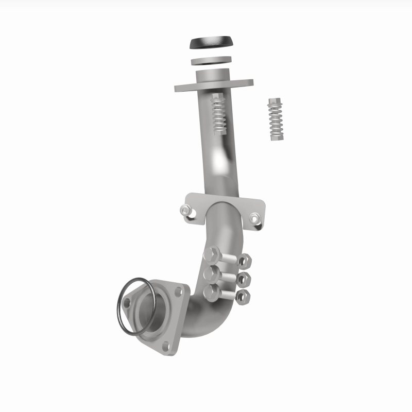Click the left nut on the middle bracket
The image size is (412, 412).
click(185, 210)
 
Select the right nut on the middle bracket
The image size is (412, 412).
click(255, 219)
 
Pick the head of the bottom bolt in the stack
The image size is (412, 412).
click(211, 293)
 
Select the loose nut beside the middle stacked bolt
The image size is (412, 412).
click(245, 280)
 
